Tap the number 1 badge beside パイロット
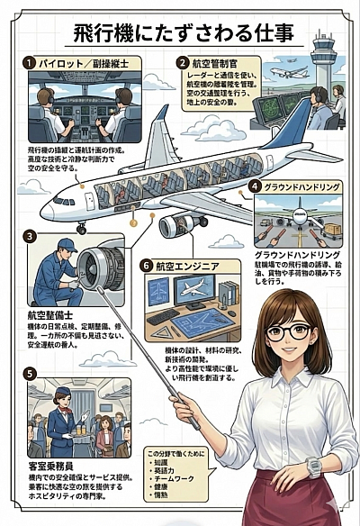tap(30, 63)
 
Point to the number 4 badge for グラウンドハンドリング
tap(255, 186)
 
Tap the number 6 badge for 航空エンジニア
tap(147, 266)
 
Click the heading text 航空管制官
tap(214, 64)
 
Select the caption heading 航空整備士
tap(54, 316)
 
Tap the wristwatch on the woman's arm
tap(314, 466)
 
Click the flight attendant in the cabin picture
tap(63, 418)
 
